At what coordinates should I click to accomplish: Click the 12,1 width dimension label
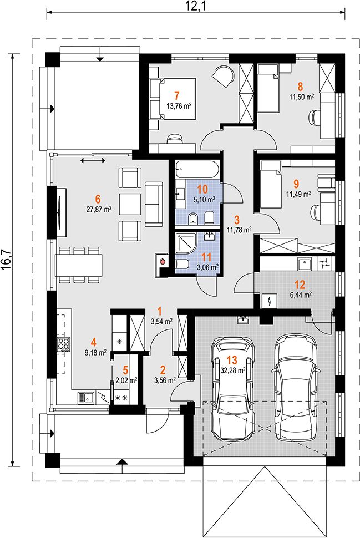pyautogui.click(x=196, y=6)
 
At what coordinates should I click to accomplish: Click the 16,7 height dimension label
pyautogui.click(x=8, y=259)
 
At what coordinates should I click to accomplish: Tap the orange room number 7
pyautogui.click(x=177, y=95)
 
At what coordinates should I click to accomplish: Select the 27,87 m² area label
pyautogui.click(x=99, y=209)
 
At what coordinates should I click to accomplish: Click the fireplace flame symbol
pyautogui.click(x=163, y=261)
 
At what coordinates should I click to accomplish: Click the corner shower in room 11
pyautogui.click(x=186, y=243)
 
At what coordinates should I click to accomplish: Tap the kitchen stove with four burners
pyautogui.click(x=63, y=344)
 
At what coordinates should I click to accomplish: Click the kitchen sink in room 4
pyautogui.click(x=87, y=398)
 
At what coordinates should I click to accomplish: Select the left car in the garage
pyautogui.click(x=232, y=388)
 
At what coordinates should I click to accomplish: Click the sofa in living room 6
pyautogui.click(x=154, y=204)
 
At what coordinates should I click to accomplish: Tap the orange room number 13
pyautogui.click(x=232, y=361)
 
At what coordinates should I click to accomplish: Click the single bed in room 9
pyautogui.click(x=271, y=185)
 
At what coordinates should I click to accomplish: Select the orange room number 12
pyautogui.click(x=300, y=284)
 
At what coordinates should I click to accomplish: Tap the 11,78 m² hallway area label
pyautogui.click(x=239, y=229)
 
